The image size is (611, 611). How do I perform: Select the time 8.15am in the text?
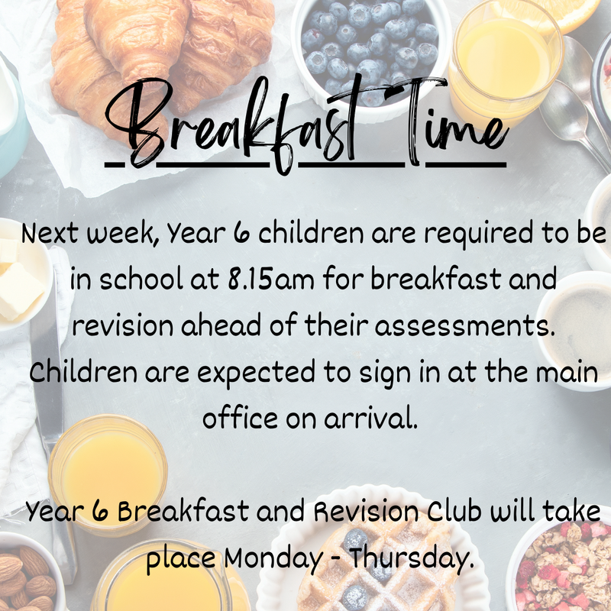click(x=271, y=279)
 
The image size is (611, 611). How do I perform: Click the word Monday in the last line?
click(x=273, y=559)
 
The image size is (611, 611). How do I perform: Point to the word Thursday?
click(x=412, y=559)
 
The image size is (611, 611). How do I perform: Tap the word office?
click(x=240, y=417)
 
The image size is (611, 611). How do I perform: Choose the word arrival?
click(x=370, y=417)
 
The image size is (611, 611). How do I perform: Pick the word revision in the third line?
click(x=122, y=326)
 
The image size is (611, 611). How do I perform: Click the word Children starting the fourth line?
click(x=83, y=372)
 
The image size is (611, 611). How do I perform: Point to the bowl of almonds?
click(x=28, y=575)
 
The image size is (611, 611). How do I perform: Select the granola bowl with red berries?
click(x=561, y=565)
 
